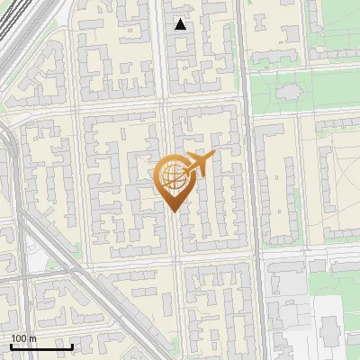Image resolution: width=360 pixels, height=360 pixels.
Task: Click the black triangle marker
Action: [x=181, y=24]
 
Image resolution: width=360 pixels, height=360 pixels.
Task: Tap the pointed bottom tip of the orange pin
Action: [x=172, y=212]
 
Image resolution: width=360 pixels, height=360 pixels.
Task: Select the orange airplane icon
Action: [x=198, y=165]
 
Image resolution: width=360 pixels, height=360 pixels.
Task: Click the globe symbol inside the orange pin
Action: [x=171, y=179]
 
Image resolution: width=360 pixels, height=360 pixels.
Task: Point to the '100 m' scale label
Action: [x=23, y=338]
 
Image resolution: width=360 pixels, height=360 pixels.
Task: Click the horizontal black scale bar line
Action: [x=41, y=346]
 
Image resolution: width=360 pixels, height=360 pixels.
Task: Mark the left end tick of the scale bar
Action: [x=11, y=345]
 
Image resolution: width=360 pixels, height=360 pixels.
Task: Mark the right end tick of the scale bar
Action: [x=72, y=345]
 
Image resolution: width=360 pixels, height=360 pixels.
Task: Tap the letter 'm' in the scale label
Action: [x=32, y=338]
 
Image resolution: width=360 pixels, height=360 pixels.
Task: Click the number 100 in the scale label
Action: [x=19, y=338]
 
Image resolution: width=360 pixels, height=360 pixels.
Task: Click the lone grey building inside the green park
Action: [x=289, y=92]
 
